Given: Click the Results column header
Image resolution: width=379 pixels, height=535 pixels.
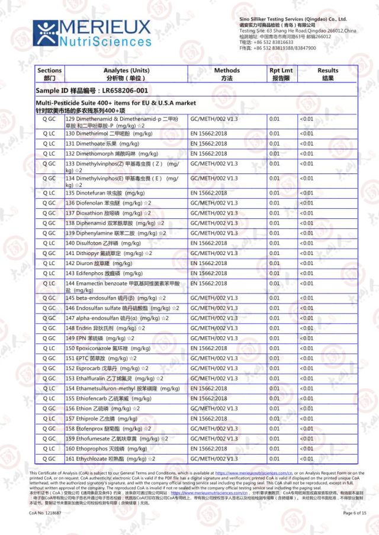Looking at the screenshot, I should (327, 74).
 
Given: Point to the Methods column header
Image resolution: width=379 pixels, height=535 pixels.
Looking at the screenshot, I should (227, 74).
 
